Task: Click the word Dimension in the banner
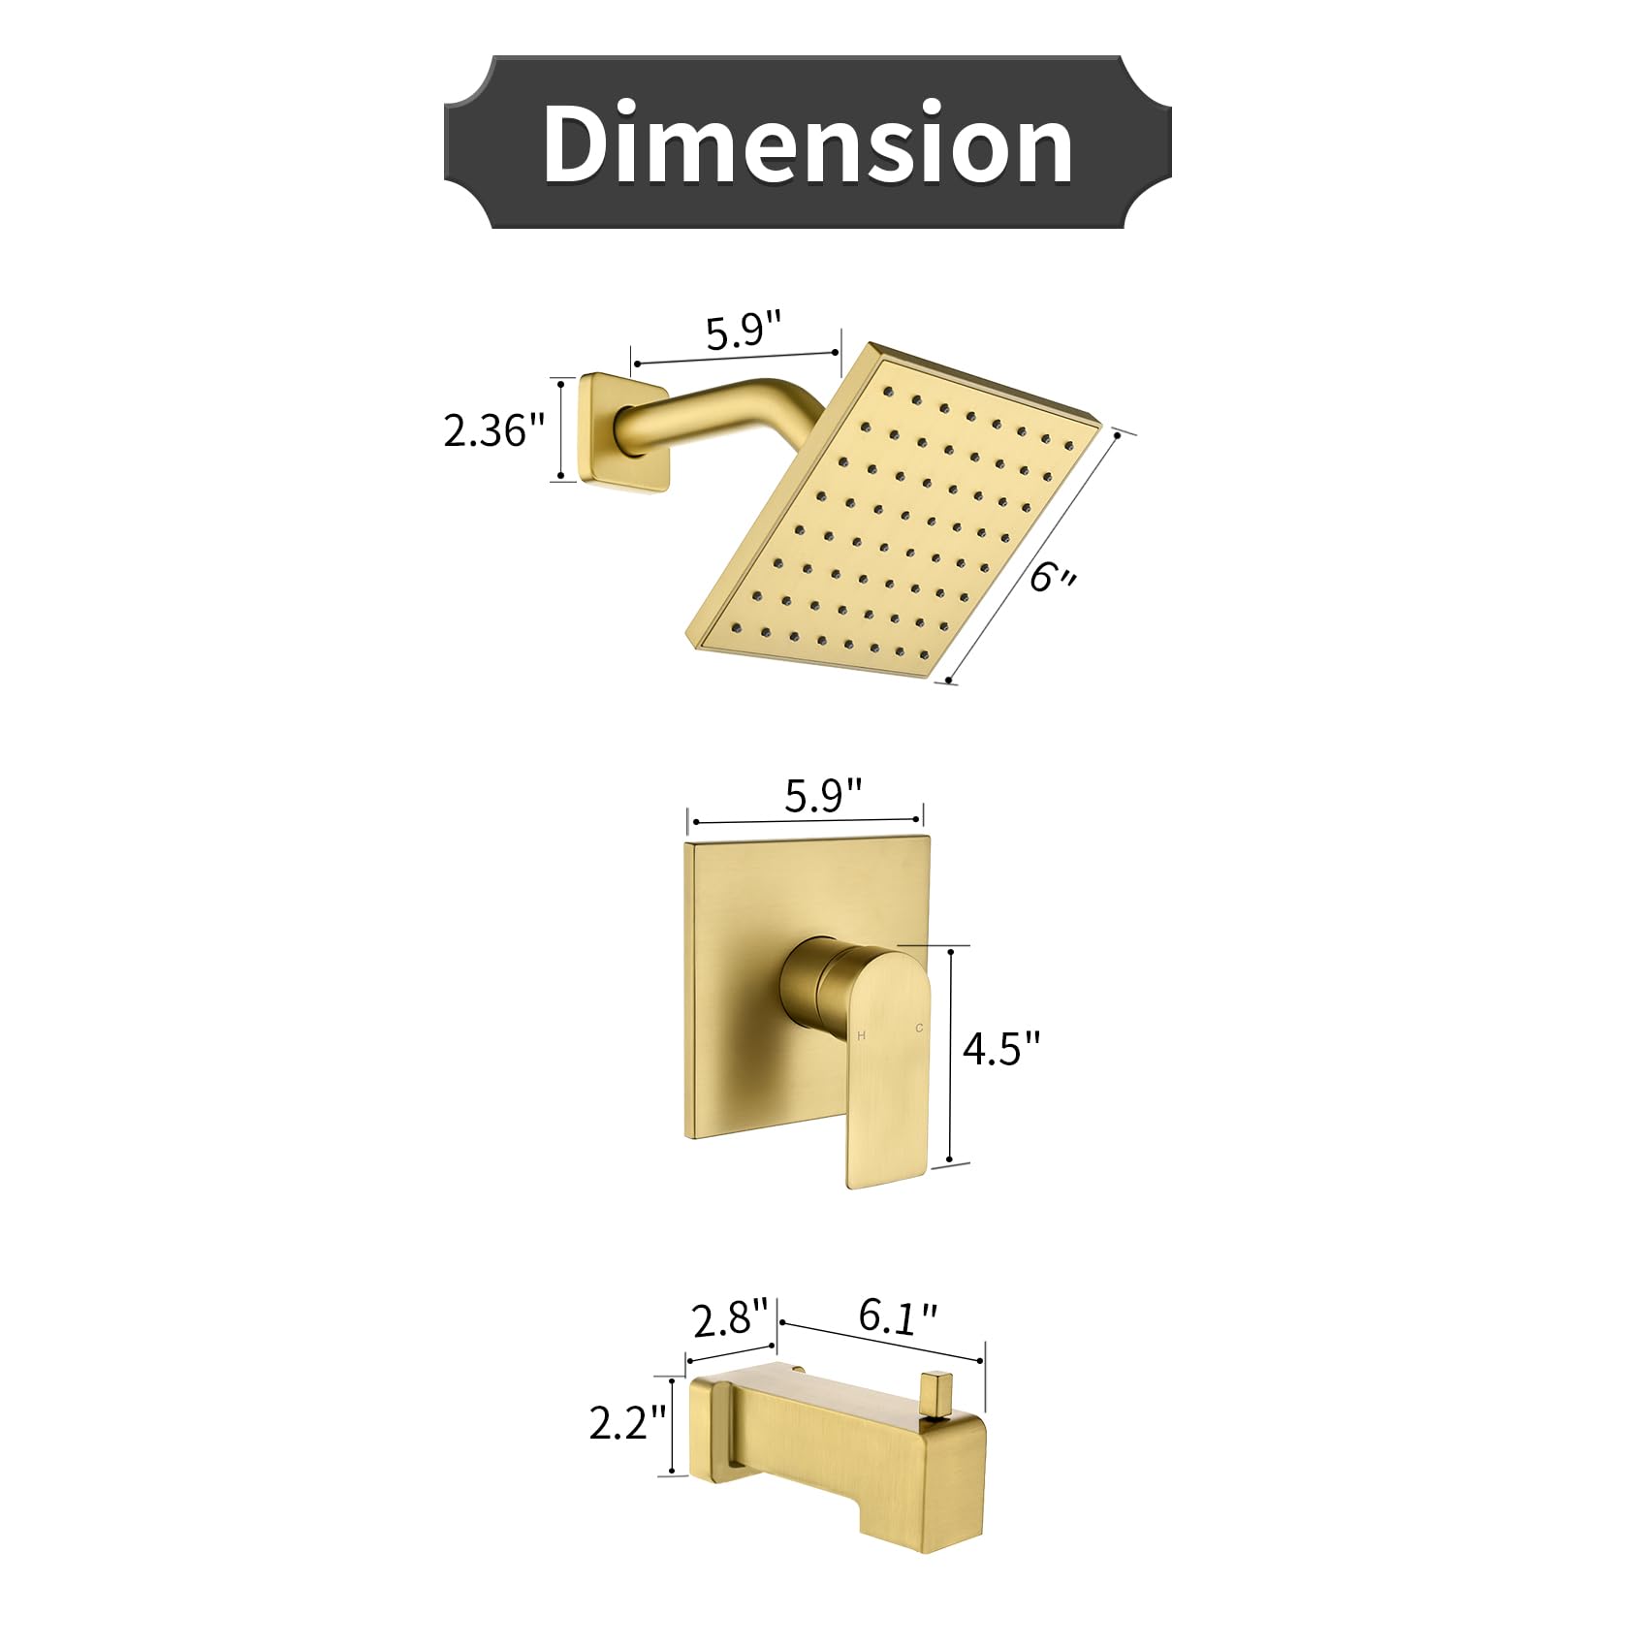(807, 143)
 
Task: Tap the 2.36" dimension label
(494, 430)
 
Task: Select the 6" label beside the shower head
(1052, 577)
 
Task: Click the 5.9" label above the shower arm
(743, 332)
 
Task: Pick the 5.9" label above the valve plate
(822, 796)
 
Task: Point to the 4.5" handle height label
(1001, 1048)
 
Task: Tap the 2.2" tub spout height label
(627, 1423)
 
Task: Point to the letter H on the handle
(862, 1036)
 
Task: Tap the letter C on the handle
(919, 1028)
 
